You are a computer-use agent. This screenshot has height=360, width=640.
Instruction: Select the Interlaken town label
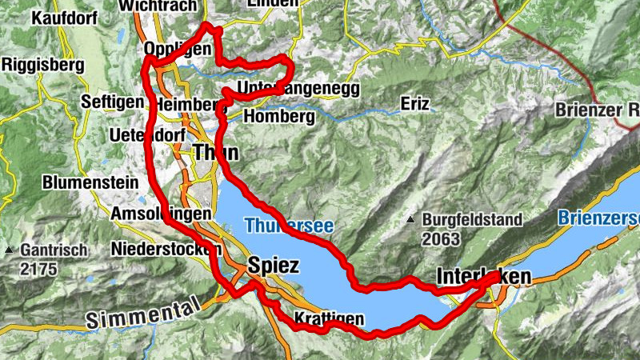pos(484,277)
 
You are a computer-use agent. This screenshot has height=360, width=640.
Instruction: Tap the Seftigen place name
pos(113,102)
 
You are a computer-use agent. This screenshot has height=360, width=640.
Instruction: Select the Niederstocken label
pos(166,247)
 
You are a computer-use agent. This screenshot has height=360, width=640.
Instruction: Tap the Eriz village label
pos(415,105)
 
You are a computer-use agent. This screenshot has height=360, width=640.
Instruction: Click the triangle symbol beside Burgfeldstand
pos(410,219)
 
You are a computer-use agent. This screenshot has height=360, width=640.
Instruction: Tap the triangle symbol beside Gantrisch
pos(8,250)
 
